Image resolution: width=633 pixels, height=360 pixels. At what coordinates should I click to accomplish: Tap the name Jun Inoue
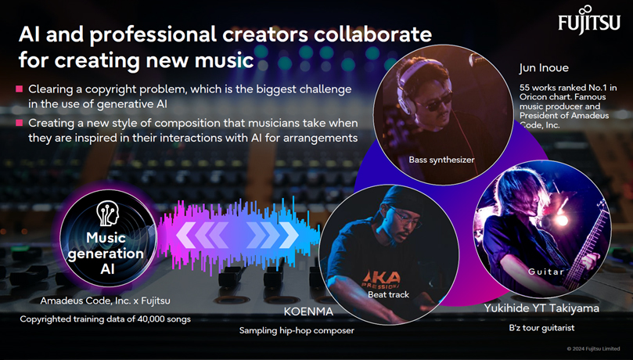[544, 68]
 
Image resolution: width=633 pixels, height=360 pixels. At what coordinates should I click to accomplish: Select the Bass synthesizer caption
[441, 160]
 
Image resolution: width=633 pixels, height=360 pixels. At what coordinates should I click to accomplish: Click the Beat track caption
[388, 294]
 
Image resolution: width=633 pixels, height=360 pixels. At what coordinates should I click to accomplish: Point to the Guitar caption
[546, 272]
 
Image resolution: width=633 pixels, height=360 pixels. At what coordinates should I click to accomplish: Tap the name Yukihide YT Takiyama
[541, 308]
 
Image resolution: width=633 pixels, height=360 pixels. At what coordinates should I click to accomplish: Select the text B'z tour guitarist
[541, 328]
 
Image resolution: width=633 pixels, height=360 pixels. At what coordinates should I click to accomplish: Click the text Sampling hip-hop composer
[297, 330]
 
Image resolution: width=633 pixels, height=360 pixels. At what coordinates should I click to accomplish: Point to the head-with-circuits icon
[108, 214]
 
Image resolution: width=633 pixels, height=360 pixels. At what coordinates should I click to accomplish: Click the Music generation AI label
[106, 254]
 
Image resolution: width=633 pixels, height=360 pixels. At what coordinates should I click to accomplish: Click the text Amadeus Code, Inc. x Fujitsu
[106, 301]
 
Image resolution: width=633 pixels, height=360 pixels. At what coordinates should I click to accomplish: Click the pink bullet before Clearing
[19, 88]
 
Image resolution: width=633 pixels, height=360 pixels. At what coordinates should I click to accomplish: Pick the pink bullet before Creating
[19, 122]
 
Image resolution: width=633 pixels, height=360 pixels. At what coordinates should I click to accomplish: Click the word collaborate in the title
[372, 34]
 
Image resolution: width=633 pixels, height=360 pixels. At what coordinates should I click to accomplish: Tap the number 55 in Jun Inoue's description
[524, 88]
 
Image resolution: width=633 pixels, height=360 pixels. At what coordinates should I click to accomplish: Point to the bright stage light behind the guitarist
[562, 220]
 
